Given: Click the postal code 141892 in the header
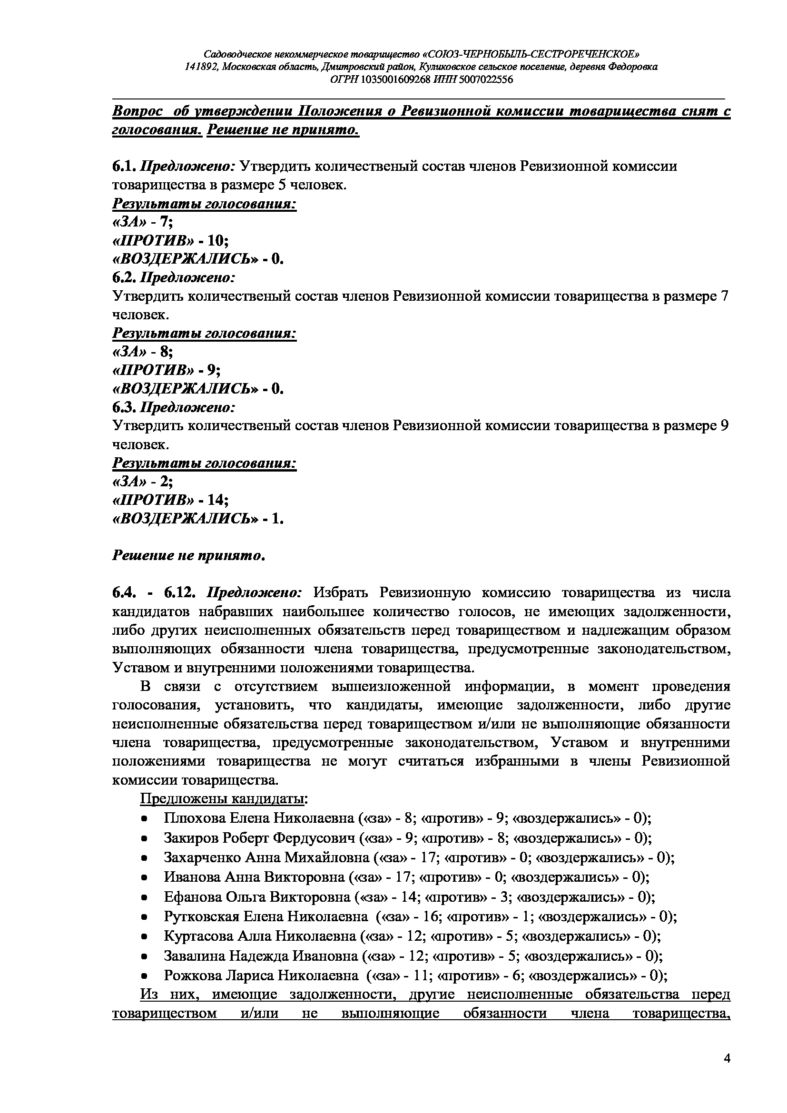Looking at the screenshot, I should point(201,67).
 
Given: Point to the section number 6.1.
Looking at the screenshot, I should point(124,167).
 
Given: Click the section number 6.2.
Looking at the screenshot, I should point(124,278).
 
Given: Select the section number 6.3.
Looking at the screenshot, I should point(124,407).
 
